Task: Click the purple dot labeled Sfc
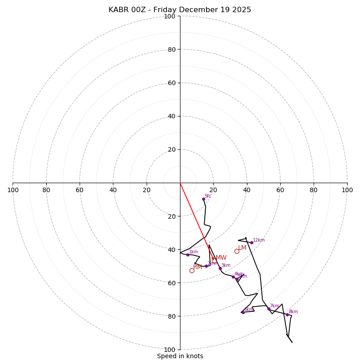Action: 203,199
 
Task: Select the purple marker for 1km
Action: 188,255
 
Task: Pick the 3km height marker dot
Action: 220,268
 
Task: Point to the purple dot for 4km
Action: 233,277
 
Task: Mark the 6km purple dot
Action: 243,312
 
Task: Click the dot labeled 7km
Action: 269,309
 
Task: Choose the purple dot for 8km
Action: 287,315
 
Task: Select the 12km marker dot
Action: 252,243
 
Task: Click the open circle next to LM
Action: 237,251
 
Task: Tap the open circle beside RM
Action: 192,270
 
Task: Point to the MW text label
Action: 221,258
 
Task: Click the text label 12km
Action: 259,240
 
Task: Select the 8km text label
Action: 293,311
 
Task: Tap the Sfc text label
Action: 208,196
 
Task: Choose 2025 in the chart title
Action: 241,10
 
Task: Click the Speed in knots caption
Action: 180,356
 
